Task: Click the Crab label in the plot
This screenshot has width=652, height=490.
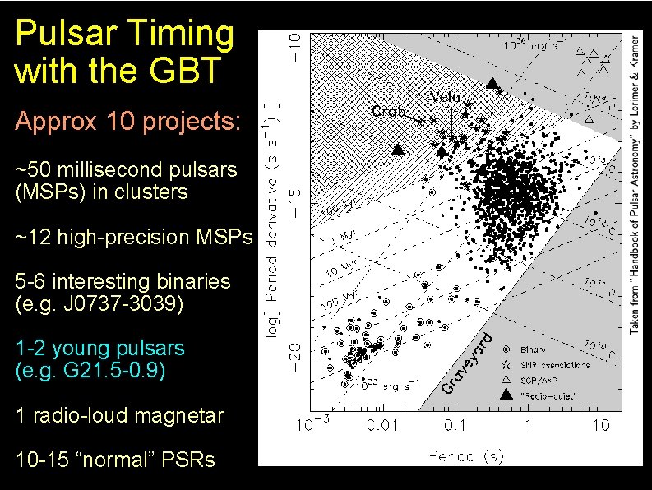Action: [388, 111]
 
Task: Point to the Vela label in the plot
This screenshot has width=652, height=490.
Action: [444, 97]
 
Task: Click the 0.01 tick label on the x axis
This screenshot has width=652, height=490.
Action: [381, 425]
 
